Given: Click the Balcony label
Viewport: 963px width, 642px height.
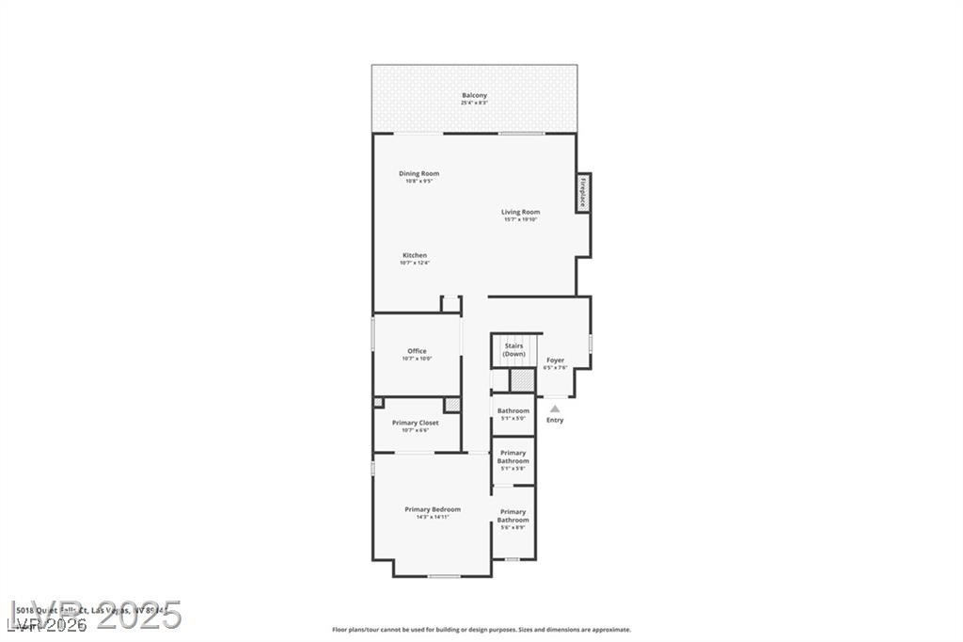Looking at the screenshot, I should pyautogui.click(x=474, y=95).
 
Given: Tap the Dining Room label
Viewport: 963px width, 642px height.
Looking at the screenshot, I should pyautogui.click(x=418, y=173).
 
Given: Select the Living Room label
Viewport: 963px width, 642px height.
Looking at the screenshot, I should pyautogui.click(x=520, y=212).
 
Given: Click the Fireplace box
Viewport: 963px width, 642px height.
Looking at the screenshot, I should pyautogui.click(x=583, y=192).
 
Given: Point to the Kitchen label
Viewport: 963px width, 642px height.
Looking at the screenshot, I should pyautogui.click(x=415, y=255).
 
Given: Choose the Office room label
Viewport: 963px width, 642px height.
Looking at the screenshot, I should pyautogui.click(x=417, y=351).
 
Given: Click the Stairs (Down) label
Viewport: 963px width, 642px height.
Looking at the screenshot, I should pyautogui.click(x=513, y=349).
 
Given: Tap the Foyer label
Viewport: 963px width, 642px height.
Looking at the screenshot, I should pyautogui.click(x=556, y=360).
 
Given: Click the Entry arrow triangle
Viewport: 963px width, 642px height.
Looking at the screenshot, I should pyautogui.click(x=555, y=409).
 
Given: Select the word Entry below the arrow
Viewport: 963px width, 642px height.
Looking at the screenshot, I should pyautogui.click(x=555, y=420).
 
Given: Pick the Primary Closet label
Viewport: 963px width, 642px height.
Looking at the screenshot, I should pyautogui.click(x=415, y=423).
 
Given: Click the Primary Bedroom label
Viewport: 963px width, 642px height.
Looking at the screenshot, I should pyautogui.click(x=433, y=509).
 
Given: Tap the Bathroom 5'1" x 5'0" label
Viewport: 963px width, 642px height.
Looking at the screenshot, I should pyautogui.click(x=513, y=410).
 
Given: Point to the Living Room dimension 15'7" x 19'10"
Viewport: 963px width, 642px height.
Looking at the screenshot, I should pyautogui.click(x=520, y=219).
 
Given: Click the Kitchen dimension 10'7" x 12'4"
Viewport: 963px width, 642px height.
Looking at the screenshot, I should pyautogui.click(x=415, y=263).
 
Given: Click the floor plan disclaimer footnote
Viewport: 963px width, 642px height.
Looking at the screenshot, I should pyautogui.click(x=481, y=630).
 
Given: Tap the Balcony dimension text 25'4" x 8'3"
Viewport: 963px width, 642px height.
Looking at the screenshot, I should pyautogui.click(x=474, y=103).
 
